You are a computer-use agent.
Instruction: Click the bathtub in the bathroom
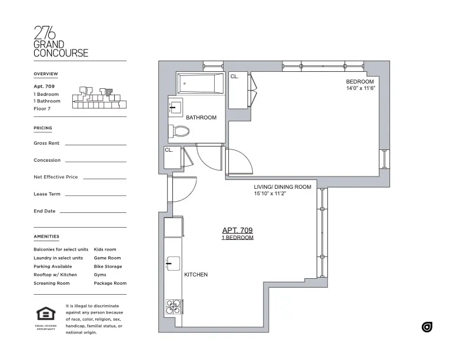point(200,84)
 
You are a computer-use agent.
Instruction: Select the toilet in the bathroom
point(178,131)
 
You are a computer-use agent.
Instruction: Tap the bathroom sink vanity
point(175,108)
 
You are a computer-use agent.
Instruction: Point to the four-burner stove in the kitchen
point(172,307)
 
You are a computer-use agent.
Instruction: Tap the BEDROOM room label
point(360,82)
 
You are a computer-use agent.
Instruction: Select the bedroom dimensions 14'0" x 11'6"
point(360,88)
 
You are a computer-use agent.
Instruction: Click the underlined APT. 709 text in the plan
point(237,231)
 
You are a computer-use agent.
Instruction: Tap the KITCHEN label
point(196,275)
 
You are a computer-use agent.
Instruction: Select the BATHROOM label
point(201,118)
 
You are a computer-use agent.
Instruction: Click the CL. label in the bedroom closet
point(234,76)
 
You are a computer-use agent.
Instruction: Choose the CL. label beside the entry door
point(168,150)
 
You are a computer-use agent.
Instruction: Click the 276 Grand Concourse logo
point(61,41)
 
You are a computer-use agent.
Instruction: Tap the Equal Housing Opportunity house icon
point(45,315)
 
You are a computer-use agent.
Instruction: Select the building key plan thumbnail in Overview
point(99,98)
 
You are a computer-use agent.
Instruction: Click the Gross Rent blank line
point(95,144)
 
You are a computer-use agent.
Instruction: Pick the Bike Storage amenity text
point(108,266)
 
